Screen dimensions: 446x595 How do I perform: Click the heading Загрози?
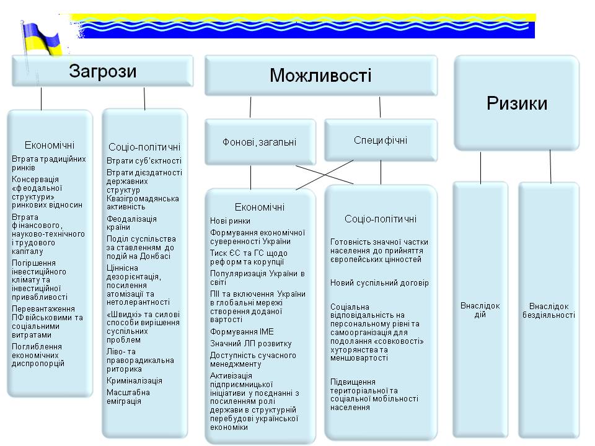pyautogui.click(x=103, y=71)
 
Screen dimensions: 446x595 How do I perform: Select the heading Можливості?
pyautogui.click(x=320, y=76)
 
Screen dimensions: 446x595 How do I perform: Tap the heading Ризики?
pyautogui.click(x=517, y=103)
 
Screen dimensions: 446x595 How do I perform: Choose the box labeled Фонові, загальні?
pyautogui.click(x=259, y=142)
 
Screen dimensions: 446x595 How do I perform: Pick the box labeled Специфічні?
pyautogui.click(x=381, y=140)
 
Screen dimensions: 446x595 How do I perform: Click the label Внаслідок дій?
pyautogui.click(x=480, y=310)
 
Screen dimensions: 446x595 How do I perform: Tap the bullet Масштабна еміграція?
pyautogui.click(x=128, y=396)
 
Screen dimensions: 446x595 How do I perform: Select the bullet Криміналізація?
pyautogui.click(x=134, y=380)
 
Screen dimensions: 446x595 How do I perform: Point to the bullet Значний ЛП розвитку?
pyautogui.click(x=251, y=344)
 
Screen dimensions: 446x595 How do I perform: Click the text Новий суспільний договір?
pyautogui.click(x=379, y=283)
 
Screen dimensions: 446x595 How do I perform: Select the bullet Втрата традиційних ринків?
pyautogui.click(x=48, y=164)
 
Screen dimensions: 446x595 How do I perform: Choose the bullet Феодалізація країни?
pyautogui.click(x=132, y=223)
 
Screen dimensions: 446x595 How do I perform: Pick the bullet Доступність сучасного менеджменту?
pyautogui.click(x=253, y=360)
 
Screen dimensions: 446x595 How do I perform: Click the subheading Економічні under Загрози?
pyautogui.click(x=50, y=145)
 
